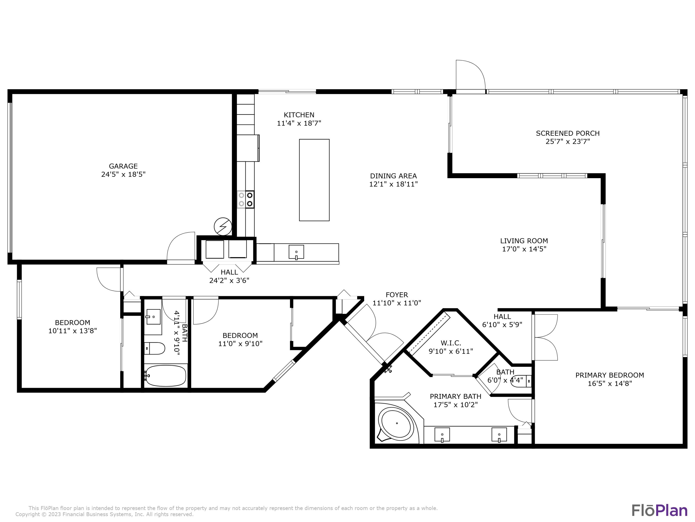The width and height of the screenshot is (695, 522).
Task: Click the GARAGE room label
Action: click(123, 166)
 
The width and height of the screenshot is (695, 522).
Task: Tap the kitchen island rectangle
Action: click(314, 180)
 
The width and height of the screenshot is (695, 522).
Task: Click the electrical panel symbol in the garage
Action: click(223, 226)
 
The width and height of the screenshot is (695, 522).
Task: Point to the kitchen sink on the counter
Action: click(296, 252)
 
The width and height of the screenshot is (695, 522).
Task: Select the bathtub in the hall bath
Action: click(166, 375)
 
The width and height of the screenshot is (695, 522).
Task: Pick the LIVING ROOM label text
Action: click(524, 241)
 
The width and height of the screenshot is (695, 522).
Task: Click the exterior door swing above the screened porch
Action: click(470, 75)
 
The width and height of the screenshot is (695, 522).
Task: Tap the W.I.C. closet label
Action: click(451, 343)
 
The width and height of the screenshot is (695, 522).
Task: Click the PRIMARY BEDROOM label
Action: click(610, 375)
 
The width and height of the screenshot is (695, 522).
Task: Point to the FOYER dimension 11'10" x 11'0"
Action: click(397, 303)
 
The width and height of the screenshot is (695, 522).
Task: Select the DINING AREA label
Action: click(393, 176)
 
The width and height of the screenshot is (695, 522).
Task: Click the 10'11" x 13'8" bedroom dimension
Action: click(72, 331)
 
